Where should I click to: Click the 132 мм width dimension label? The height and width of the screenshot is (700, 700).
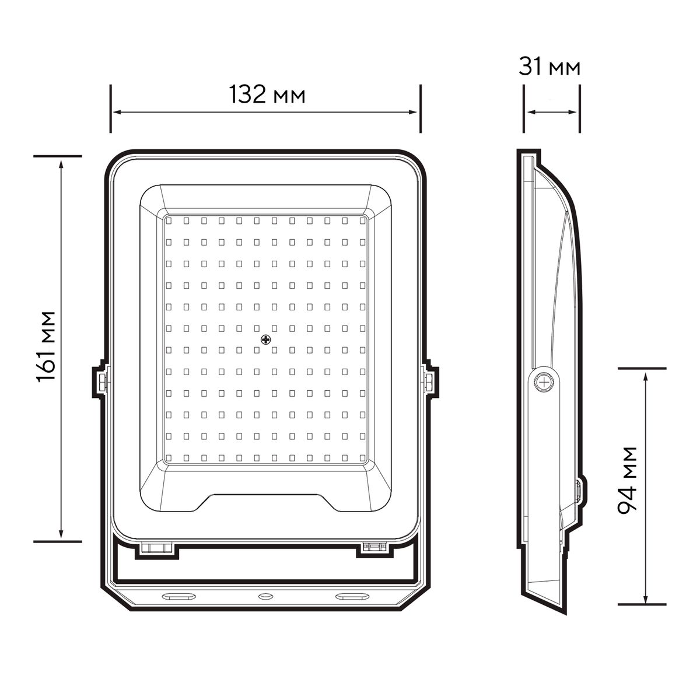tap(267, 94)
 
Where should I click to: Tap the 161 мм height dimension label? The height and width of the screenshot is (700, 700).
tap(46, 346)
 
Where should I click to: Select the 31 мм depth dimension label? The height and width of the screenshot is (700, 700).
tap(549, 66)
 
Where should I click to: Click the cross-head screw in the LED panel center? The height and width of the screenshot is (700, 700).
tap(266, 340)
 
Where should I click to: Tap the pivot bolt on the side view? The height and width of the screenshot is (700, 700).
tap(544, 382)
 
